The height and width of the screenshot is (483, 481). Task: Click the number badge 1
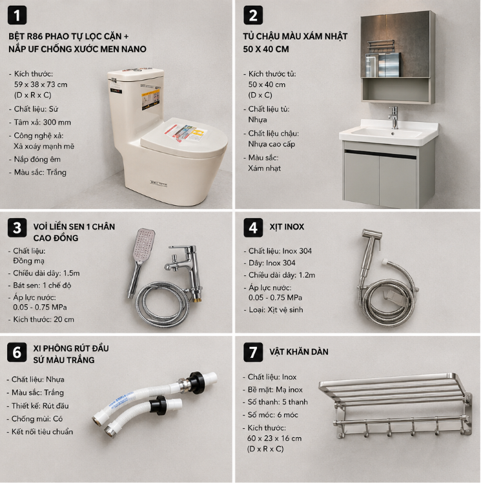17,15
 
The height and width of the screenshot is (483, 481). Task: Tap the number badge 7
253,352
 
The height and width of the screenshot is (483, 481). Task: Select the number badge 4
253,228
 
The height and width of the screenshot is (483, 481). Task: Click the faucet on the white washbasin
394,117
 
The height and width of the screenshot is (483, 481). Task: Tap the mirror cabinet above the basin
398,57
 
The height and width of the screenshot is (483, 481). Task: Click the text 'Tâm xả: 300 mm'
42,123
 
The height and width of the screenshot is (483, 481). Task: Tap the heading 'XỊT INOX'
287,227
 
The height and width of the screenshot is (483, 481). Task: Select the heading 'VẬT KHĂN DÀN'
299,351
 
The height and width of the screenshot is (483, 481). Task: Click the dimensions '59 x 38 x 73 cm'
41,84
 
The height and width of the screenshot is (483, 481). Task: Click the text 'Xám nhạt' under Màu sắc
265,168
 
